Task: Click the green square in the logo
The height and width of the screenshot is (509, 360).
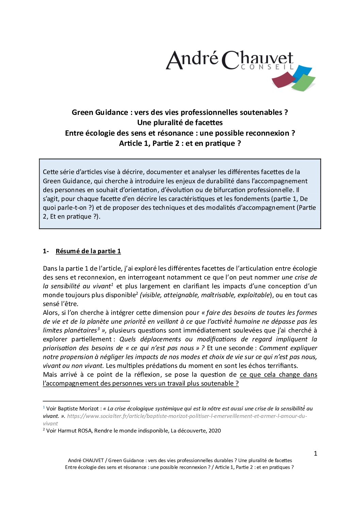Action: click(x=304, y=83)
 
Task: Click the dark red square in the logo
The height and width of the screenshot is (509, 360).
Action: click(x=283, y=80)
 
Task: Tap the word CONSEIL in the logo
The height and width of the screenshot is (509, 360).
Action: click(x=267, y=67)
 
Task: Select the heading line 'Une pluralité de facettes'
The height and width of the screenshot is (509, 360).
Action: click(x=180, y=122)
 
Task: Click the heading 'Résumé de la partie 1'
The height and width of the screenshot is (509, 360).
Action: click(x=88, y=251)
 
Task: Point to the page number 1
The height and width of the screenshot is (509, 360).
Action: click(x=315, y=453)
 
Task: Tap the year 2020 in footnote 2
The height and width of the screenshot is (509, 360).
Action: click(x=215, y=430)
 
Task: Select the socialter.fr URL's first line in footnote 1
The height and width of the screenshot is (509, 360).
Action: click(x=187, y=416)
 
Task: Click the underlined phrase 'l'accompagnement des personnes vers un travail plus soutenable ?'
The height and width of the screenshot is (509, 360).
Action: click(x=141, y=383)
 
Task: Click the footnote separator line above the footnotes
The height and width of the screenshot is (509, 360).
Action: click(x=86, y=401)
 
